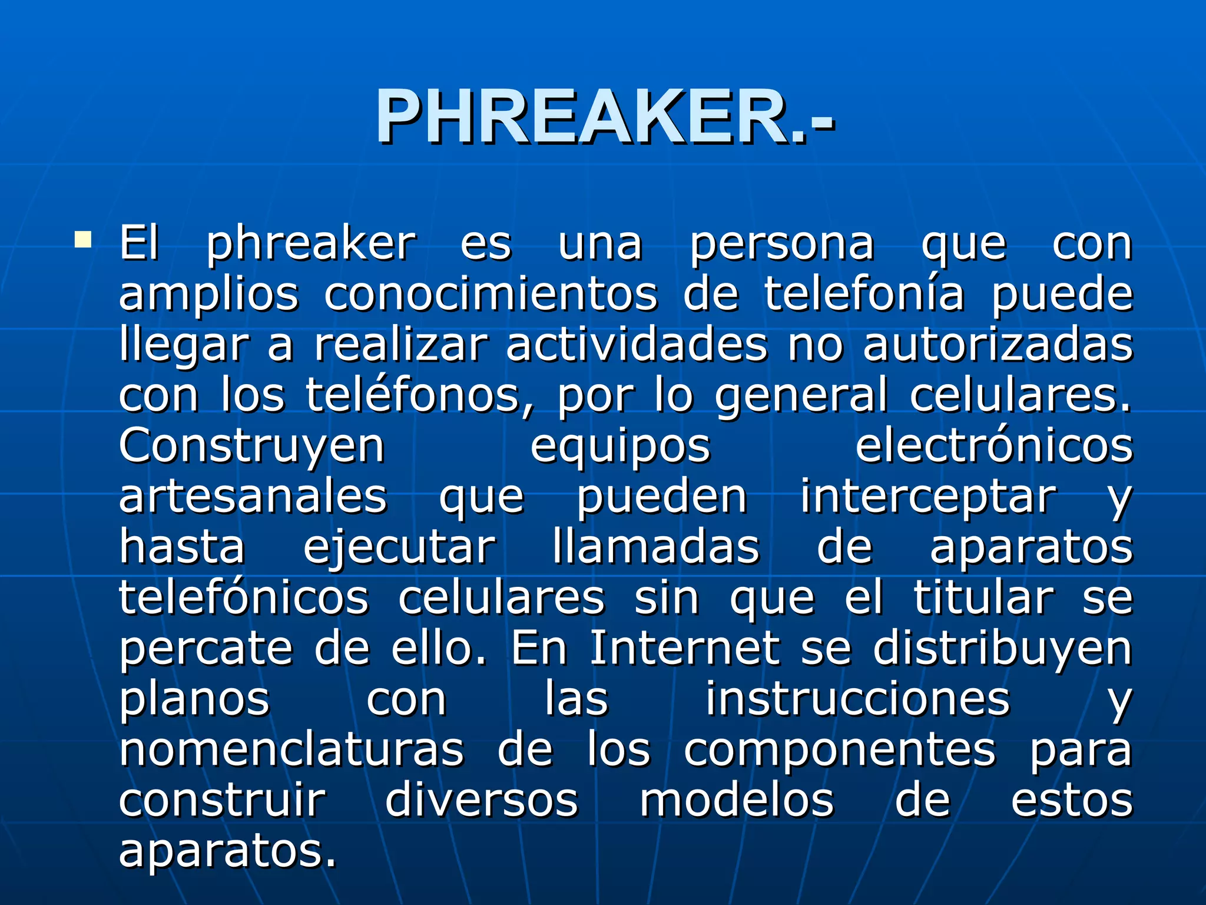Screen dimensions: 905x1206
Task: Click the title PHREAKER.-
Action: click(605, 116)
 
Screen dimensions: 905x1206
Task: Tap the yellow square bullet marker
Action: click(83, 239)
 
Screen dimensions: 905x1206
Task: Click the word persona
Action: click(782, 244)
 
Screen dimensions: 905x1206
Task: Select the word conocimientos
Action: click(491, 294)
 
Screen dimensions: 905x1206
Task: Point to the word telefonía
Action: click(864, 294)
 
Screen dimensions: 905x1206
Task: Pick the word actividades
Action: click(637, 345)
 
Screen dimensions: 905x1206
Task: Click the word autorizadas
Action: click(998, 345)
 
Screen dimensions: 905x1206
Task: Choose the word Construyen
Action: click(252, 446)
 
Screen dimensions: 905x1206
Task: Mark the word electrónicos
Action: click(994, 446)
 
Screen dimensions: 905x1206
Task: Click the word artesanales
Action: click(253, 497)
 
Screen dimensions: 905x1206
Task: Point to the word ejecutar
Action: click(400, 547)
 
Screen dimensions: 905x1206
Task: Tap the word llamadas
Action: click(656, 547)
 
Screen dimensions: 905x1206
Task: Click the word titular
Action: click(983, 598)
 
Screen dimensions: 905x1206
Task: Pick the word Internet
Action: click(685, 648)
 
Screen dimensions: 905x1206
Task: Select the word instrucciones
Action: click(858, 699)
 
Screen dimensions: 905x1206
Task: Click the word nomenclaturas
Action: click(292, 749)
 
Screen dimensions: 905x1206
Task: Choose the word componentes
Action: click(840, 749)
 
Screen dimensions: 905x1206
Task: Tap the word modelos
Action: click(737, 800)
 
